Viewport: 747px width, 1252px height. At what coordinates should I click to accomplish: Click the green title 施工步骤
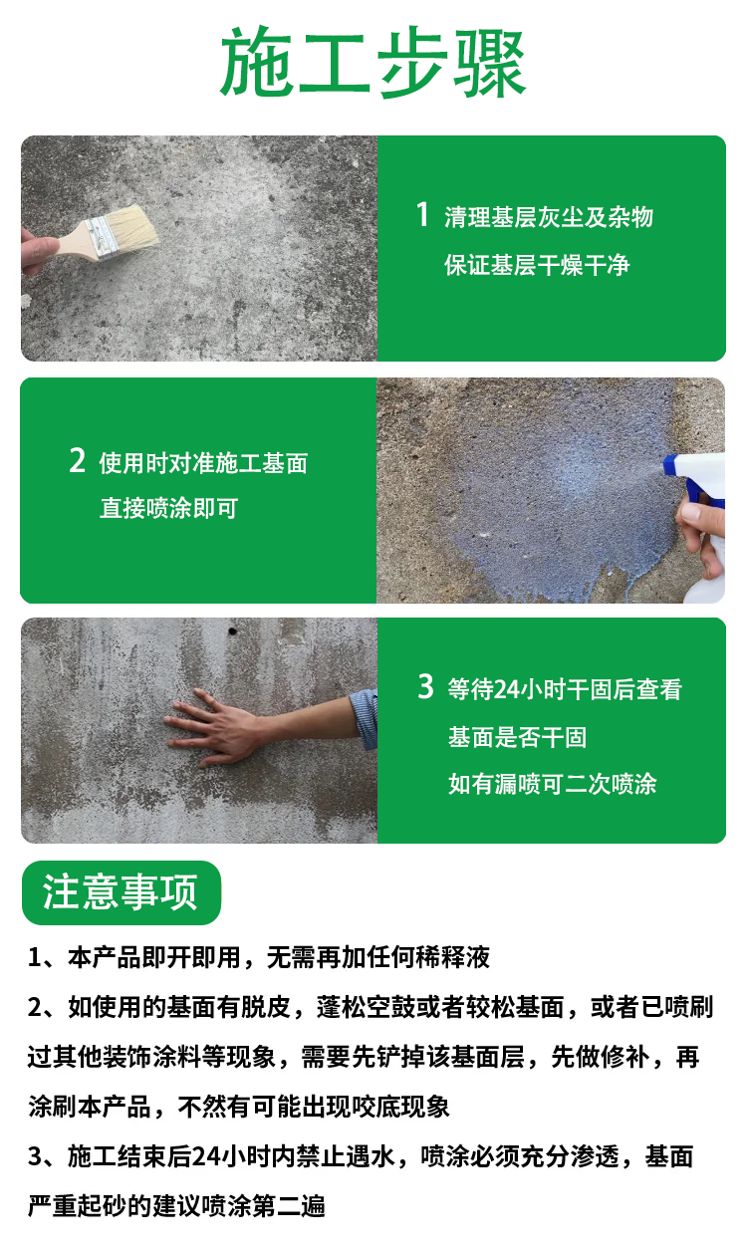pyautogui.click(x=373, y=62)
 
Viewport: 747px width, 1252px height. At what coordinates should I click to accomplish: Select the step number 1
pyautogui.click(x=422, y=214)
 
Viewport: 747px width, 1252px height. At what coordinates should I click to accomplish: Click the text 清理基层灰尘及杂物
pyautogui.click(x=549, y=217)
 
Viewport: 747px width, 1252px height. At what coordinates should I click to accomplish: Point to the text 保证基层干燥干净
pyautogui.click(x=537, y=265)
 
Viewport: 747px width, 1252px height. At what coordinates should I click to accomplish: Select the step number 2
pyautogui.click(x=77, y=460)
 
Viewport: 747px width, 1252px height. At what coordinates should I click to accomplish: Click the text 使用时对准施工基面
pyautogui.click(x=203, y=463)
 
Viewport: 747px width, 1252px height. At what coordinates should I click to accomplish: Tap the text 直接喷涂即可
pyautogui.click(x=168, y=508)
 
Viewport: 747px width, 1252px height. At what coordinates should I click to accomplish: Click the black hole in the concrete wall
pyautogui.click(x=232, y=631)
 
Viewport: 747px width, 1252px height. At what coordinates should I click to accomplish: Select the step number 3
pyautogui.click(x=425, y=686)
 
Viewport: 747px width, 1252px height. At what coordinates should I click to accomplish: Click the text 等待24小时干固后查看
pyautogui.click(x=565, y=689)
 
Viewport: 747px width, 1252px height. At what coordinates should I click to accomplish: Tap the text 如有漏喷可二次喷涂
pyautogui.click(x=553, y=784)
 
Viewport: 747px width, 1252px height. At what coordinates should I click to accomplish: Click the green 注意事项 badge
pyautogui.click(x=122, y=892)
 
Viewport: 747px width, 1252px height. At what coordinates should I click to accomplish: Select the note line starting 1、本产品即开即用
pyautogui.click(x=259, y=957)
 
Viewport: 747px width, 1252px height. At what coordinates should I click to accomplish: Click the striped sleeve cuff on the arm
pyautogui.click(x=365, y=718)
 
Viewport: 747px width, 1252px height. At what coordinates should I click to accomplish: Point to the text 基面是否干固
pyautogui.click(x=517, y=737)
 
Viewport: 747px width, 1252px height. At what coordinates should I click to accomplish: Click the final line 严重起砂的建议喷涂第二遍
pyautogui.click(x=176, y=1205)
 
